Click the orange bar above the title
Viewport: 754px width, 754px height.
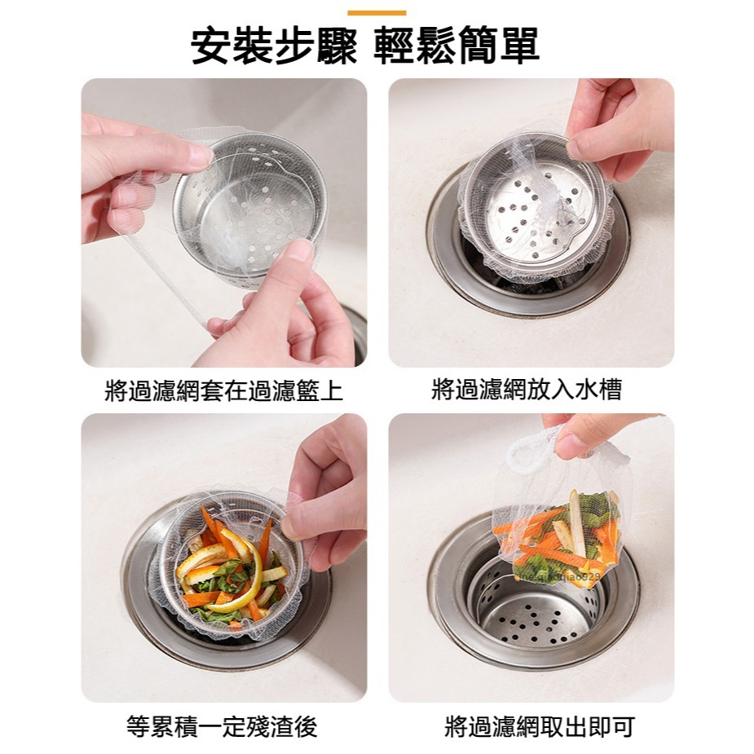point(377,13)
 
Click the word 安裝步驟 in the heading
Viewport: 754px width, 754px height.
point(274,47)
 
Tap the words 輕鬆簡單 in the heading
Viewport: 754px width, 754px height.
point(456,47)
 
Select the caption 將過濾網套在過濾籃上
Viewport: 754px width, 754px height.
point(224,390)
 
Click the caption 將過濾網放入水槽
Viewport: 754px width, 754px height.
point(527,390)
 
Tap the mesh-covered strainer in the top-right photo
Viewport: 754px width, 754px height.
point(534,208)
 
